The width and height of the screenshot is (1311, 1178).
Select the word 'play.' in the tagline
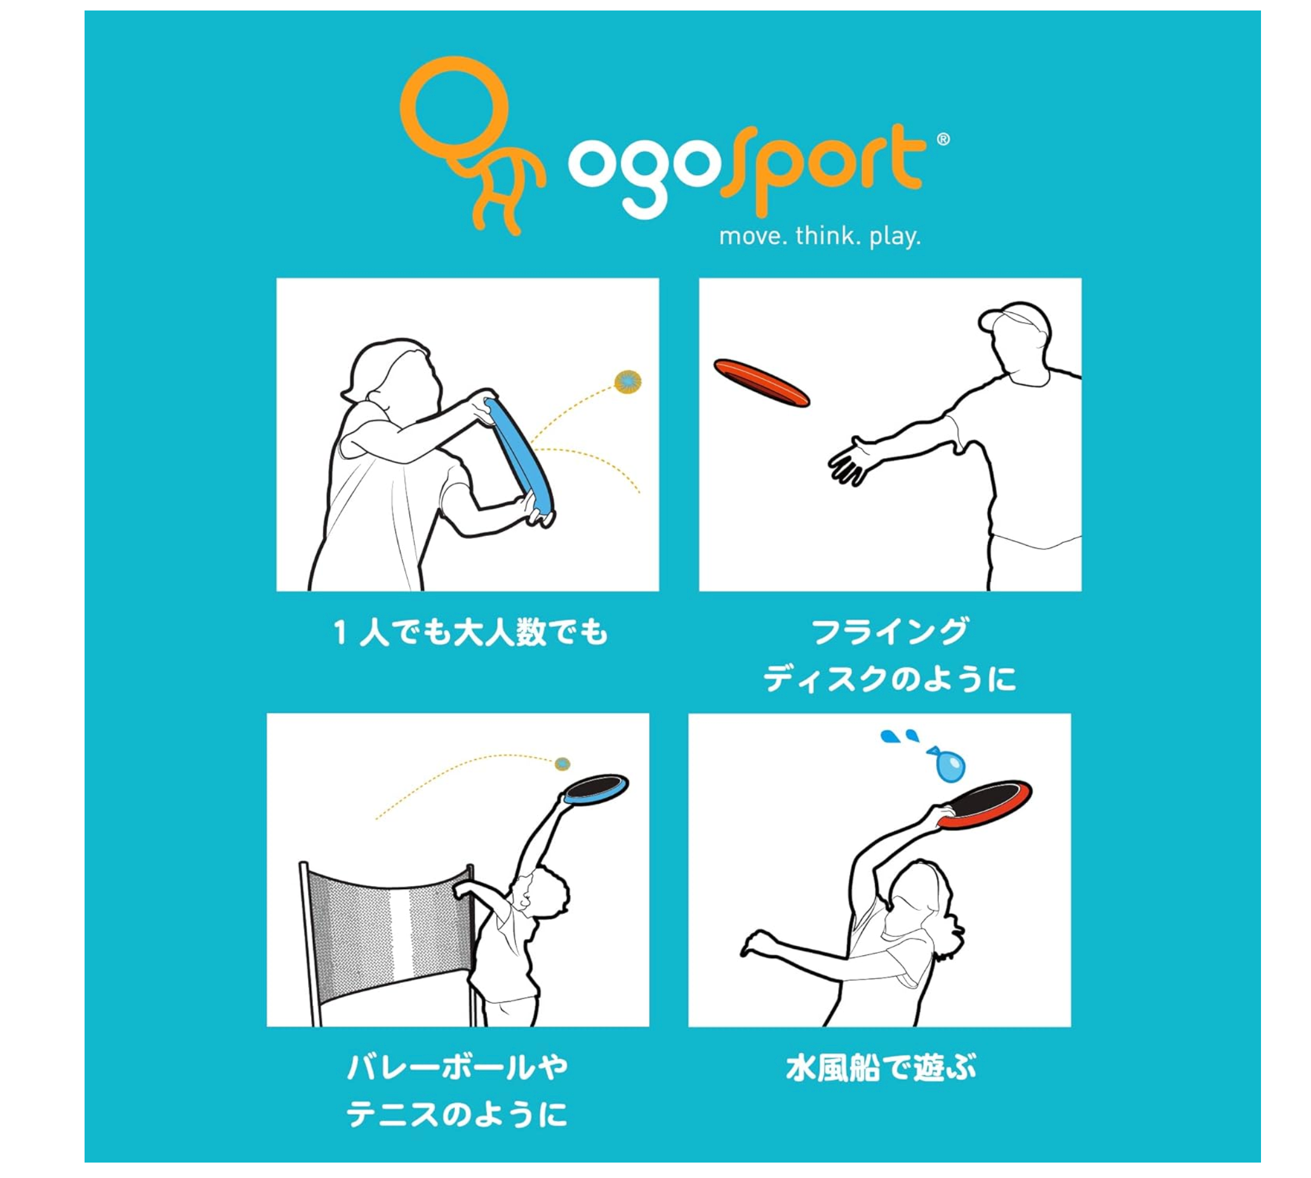pyautogui.click(x=895, y=237)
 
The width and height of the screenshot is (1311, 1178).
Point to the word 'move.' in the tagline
pyautogui.click(x=753, y=237)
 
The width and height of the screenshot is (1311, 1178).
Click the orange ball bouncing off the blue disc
pyautogui.click(x=627, y=382)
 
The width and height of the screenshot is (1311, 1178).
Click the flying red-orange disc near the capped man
pyautogui.click(x=761, y=383)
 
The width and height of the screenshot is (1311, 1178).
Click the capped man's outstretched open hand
pyautogui.click(x=854, y=461)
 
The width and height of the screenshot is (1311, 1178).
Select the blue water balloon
pyautogui.click(x=947, y=764)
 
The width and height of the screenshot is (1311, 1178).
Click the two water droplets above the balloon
pyautogui.click(x=899, y=736)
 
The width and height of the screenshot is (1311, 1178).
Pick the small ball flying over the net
pyautogui.click(x=562, y=764)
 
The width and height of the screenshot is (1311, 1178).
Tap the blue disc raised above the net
pyautogui.click(x=596, y=790)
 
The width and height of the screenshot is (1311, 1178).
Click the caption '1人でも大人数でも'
pyautogui.click(x=470, y=632)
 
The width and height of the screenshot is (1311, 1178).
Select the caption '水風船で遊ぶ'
pyautogui.click(x=881, y=1068)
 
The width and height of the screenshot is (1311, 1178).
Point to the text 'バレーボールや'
pyautogui.click(x=457, y=1068)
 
